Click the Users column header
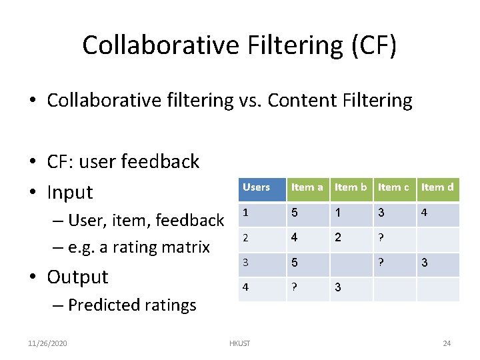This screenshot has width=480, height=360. tap(256, 187)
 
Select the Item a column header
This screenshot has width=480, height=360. tap(307, 187)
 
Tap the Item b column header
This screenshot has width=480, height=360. tap(351, 187)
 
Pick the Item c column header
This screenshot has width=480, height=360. tap(393, 187)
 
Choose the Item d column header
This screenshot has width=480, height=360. tap(437, 187)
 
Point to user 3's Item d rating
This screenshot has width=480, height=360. tap(424, 263)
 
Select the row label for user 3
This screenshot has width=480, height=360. tap(245, 263)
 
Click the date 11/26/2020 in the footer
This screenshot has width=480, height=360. tap(47, 343)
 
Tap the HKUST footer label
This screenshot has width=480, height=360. tap(239, 343)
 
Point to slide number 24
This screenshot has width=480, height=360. tap(447, 343)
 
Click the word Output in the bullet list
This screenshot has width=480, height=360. tap(77, 277)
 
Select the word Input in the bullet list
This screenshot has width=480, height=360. tap(70, 192)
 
